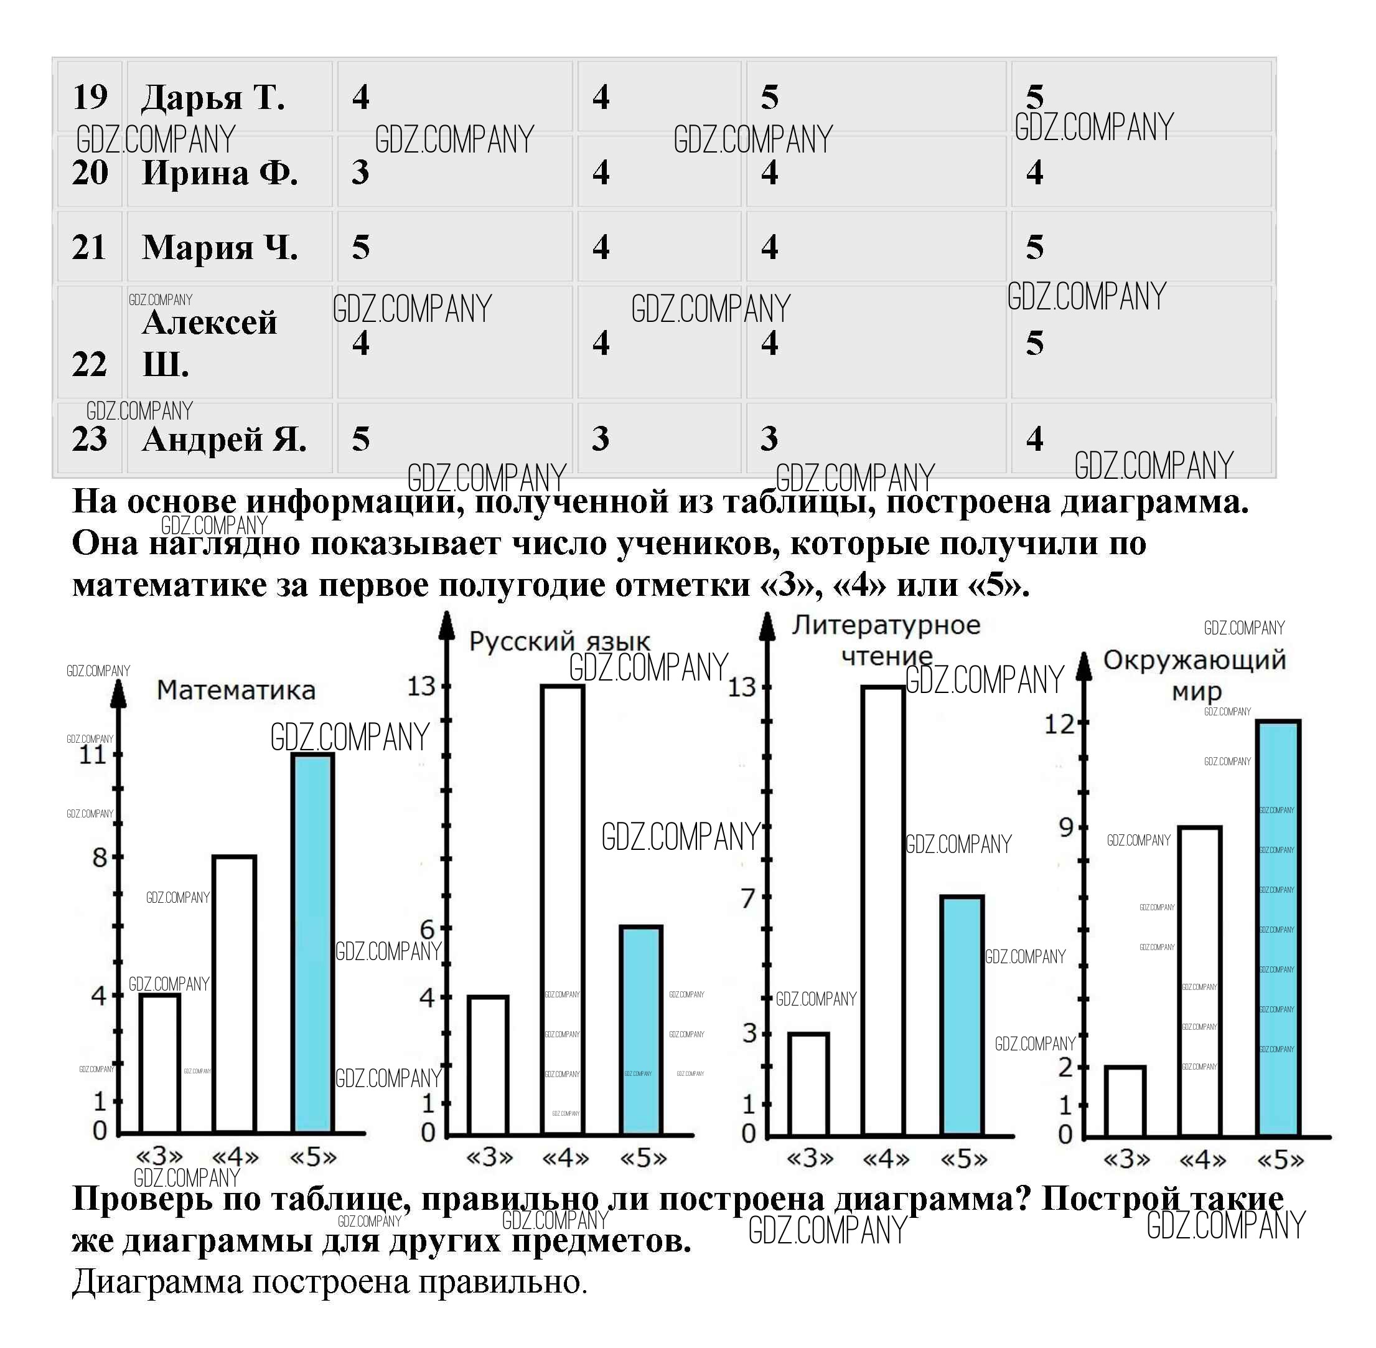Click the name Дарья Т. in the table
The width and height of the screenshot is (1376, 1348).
click(213, 98)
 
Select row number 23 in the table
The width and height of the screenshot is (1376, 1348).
click(89, 439)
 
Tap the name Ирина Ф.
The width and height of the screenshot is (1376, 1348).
click(220, 172)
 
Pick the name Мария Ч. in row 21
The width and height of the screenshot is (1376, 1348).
click(220, 248)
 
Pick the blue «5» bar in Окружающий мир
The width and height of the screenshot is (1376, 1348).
click(1278, 928)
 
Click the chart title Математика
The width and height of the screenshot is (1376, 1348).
click(236, 690)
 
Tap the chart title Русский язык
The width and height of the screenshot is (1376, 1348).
click(559, 641)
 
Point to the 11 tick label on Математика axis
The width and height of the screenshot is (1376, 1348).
click(93, 755)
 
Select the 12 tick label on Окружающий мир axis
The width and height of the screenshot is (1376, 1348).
click(1060, 724)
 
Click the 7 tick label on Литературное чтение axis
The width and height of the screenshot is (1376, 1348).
click(748, 898)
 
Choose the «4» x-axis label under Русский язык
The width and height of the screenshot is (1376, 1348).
click(565, 1158)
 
